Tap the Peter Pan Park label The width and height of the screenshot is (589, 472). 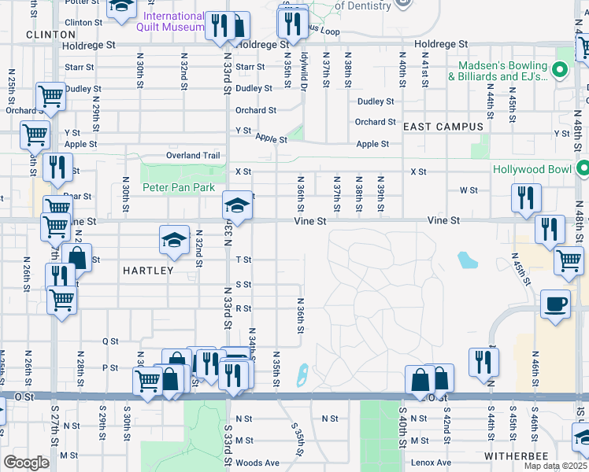point(179,188)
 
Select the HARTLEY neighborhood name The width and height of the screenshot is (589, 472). point(148,270)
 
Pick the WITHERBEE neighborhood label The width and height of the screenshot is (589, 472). point(517,455)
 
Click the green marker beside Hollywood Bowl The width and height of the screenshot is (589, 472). point(583,168)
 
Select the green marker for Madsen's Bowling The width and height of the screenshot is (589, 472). point(561,71)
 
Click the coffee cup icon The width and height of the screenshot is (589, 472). point(556,303)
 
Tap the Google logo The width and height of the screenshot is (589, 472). point(25,463)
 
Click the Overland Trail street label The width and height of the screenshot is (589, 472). point(193,155)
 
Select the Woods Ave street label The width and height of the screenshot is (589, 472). point(257,463)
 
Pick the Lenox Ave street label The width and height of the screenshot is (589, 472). point(432,463)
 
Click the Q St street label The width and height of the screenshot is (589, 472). point(110,341)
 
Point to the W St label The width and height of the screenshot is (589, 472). point(469,190)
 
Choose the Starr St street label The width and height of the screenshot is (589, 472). point(80,68)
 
